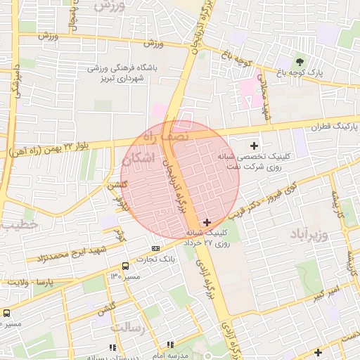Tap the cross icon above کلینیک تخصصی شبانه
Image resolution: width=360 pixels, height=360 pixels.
coord(254,145)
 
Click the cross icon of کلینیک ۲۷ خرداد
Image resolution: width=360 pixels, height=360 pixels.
coord(206,222)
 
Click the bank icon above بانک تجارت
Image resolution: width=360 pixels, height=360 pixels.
coord(155,247)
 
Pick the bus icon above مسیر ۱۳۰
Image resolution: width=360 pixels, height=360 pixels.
coord(125,266)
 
